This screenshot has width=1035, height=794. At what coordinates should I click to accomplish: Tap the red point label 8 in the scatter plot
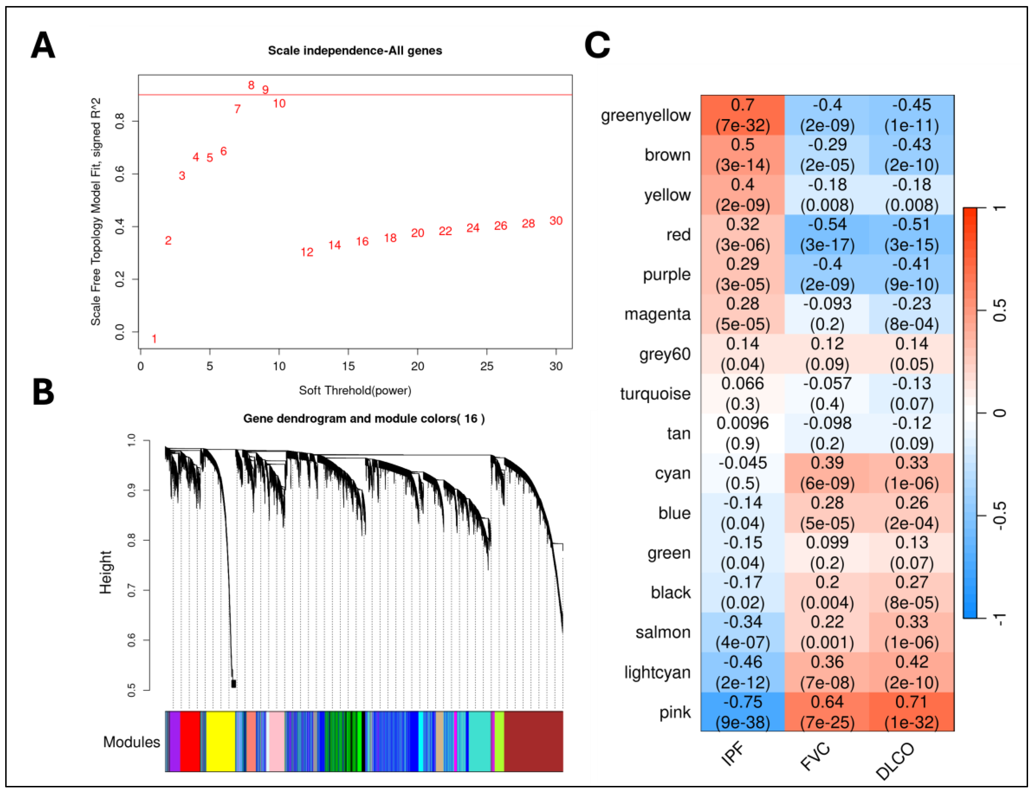pyautogui.click(x=251, y=85)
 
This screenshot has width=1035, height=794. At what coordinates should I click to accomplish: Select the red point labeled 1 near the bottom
pyautogui.click(x=154, y=338)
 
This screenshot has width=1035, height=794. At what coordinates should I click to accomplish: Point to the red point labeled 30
pyautogui.click(x=556, y=221)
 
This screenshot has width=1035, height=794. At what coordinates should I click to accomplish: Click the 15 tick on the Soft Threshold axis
pyautogui.click(x=348, y=366)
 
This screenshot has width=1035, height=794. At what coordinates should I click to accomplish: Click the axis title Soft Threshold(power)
pyautogui.click(x=355, y=390)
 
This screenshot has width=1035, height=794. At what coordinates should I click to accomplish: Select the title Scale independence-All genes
pyautogui.click(x=355, y=50)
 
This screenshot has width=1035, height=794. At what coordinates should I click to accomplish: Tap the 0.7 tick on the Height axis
pyautogui.click(x=132, y=590)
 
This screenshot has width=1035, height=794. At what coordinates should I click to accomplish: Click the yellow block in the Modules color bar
pyautogui.click(x=220, y=741)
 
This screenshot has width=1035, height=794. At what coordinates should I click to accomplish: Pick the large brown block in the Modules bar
pyautogui.click(x=533, y=741)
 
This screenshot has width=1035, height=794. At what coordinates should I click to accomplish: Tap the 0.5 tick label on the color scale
pyautogui.click(x=999, y=311)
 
